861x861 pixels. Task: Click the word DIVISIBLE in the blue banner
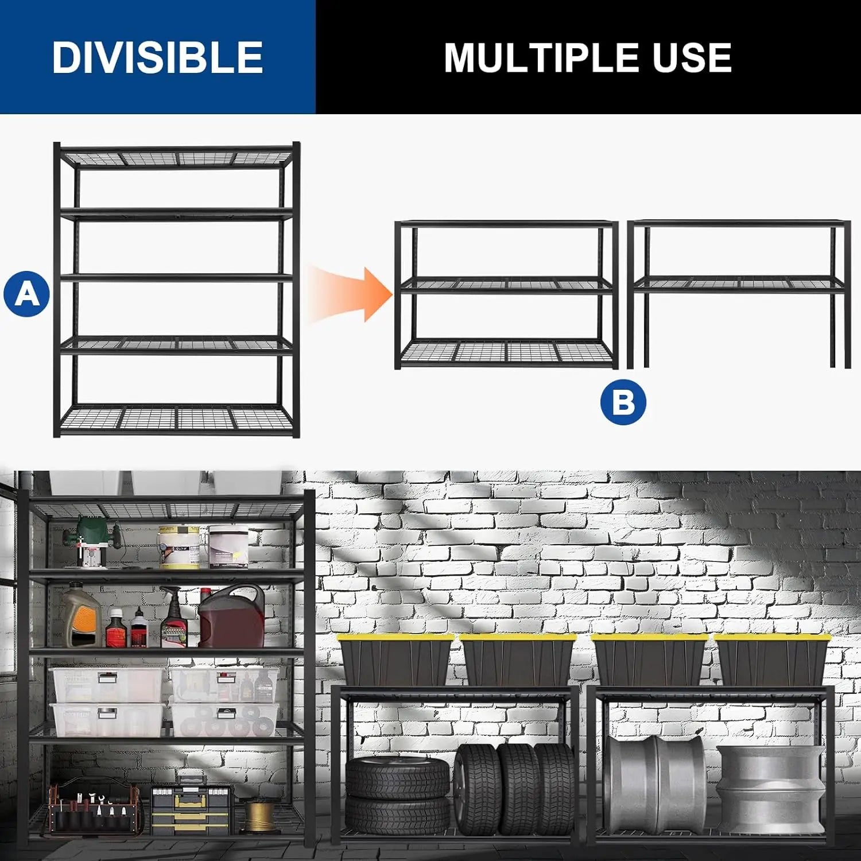157,57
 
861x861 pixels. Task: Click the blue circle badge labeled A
26,293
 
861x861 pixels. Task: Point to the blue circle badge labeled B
623,402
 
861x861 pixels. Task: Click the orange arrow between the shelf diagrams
350,293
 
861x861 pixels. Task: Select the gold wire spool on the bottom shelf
262,815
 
